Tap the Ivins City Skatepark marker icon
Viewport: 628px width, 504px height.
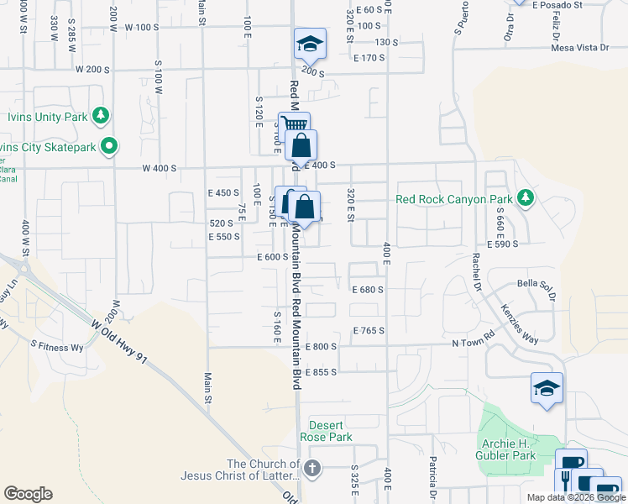point(108,147)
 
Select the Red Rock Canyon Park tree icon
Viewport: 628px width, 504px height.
point(526,198)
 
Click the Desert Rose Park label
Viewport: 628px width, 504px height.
point(330,431)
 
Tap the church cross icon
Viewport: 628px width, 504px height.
point(312,468)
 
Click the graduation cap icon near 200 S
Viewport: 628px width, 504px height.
point(309,44)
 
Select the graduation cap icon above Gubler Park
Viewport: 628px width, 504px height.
point(547,388)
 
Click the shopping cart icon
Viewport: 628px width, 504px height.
point(293,126)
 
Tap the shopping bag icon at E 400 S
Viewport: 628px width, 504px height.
point(301,144)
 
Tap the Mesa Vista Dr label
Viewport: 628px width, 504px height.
point(580,48)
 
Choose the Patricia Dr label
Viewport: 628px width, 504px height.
point(433,475)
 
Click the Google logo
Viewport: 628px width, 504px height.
point(28,494)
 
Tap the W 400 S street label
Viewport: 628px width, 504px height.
point(160,168)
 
